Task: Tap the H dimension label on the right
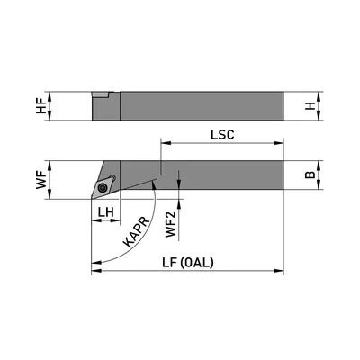(310, 106)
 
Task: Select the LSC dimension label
(222, 133)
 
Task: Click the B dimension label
(310, 175)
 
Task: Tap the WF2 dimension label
(171, 221)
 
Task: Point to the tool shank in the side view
(202, 106)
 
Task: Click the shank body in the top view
(225, 174)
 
